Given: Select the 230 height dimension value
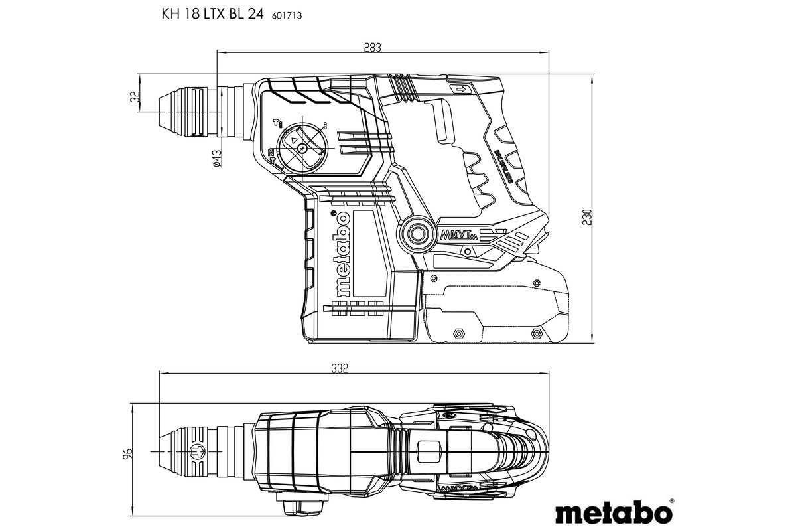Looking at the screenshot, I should click(x=587, y=217).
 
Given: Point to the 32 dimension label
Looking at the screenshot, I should click(x=135, y=97).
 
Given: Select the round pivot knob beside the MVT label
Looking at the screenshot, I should click(x=418, y=234).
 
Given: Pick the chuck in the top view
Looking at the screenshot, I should click(x=192, y=453).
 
